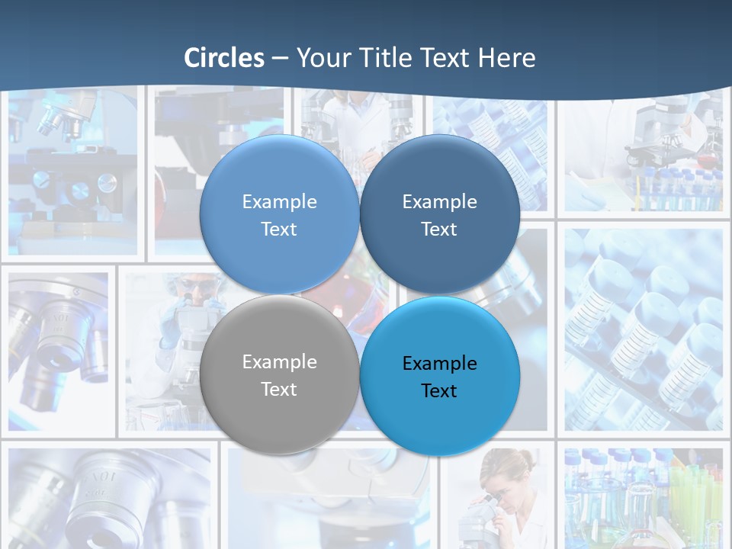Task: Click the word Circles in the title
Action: [x=224, y=58]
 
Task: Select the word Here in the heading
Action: [x=506, y=58]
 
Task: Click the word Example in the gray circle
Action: [x=279, y=361]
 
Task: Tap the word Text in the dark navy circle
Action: [x=439, y=229]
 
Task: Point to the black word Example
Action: [x=439, y=363]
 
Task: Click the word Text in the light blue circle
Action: [x=279, y=229]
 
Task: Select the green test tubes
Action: [x=694, y=496]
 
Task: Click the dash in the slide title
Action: [x=280, y=58]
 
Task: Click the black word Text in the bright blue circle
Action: [x=439, y=390]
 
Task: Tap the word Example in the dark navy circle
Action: [x=439, y=201]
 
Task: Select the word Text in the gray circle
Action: [x=279, y=389]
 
